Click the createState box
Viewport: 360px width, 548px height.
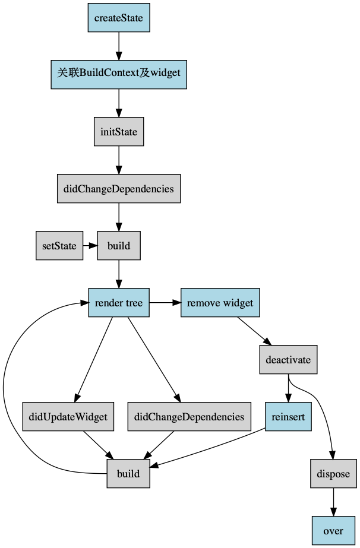point(119,18)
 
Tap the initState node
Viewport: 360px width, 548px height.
point(119,132)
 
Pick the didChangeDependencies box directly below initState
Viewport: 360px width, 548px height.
point(119,189)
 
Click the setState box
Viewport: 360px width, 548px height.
point(59,246)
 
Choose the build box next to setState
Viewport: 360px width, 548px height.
point(119,246)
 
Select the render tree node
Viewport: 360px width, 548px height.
point(119,303)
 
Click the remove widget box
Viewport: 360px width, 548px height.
point(220,303)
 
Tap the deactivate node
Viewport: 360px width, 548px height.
point(288,360)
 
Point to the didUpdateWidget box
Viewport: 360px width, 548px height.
point(68,417)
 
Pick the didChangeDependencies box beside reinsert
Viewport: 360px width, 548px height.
point(190,417)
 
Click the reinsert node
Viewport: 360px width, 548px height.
point(288,417)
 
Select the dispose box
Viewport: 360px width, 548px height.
point(333,474)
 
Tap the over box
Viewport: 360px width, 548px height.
point(333,531)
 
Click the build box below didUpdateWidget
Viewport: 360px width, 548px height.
point(128,474)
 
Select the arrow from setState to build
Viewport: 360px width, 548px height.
point(90,246)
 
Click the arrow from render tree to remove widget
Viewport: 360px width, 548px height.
point(165,303)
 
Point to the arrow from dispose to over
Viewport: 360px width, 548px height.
point(333,502)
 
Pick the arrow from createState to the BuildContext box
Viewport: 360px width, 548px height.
point(119,46)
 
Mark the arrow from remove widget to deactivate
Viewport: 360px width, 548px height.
point(255,331)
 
